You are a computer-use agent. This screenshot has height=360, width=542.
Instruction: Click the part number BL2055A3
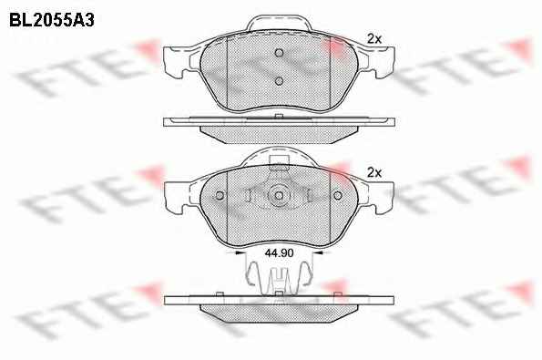coord(52,20)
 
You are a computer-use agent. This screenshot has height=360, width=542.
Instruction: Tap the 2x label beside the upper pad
coord(374,39)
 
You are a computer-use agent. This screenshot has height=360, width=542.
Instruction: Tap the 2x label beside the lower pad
coord(374,172)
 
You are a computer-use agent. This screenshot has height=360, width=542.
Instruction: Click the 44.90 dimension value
coord(279,253)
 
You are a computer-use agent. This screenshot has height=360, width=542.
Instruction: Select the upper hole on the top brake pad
coord(279,53)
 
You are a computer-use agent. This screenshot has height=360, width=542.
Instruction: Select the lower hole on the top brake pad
coord(279,81)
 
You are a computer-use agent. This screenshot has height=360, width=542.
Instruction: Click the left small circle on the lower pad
coord(220,196)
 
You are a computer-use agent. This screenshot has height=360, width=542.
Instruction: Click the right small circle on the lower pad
coord(338,196)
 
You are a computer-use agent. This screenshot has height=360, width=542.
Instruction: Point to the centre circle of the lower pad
coord(279,196)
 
